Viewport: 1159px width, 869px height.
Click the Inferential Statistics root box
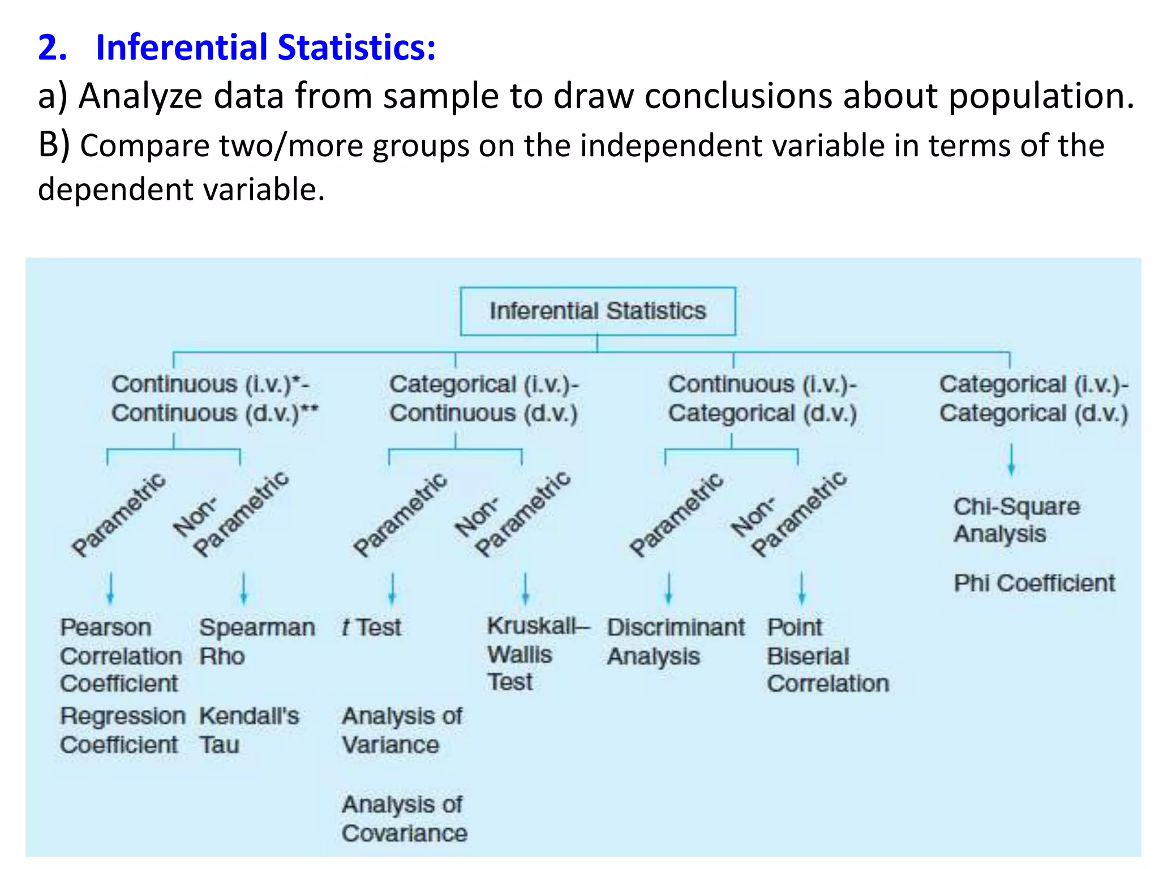[x=598, y=311]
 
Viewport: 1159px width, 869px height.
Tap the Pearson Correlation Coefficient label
[x=121, y=655]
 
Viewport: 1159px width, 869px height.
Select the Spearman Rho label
[x=257, y=642]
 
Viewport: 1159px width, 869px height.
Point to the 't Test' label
[x=371, y=627]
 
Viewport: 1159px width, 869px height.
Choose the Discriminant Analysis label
[x=676, y=642]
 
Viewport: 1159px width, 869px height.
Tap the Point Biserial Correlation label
[x=827, y=655]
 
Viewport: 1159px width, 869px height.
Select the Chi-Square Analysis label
[x=1016, y=520]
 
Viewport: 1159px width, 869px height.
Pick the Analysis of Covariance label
[x=404, y=819]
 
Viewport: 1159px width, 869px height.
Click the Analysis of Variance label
[x=402, y=730]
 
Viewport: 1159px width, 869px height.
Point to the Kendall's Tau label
[x=249, y=730]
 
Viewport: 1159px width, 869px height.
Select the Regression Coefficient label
[x=122, y=730]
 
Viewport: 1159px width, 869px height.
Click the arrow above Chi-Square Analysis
[x=1011, y=460]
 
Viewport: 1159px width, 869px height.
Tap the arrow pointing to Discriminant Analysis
[x=669, y=588]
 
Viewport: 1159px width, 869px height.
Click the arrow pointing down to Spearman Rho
[x=244, y=588]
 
